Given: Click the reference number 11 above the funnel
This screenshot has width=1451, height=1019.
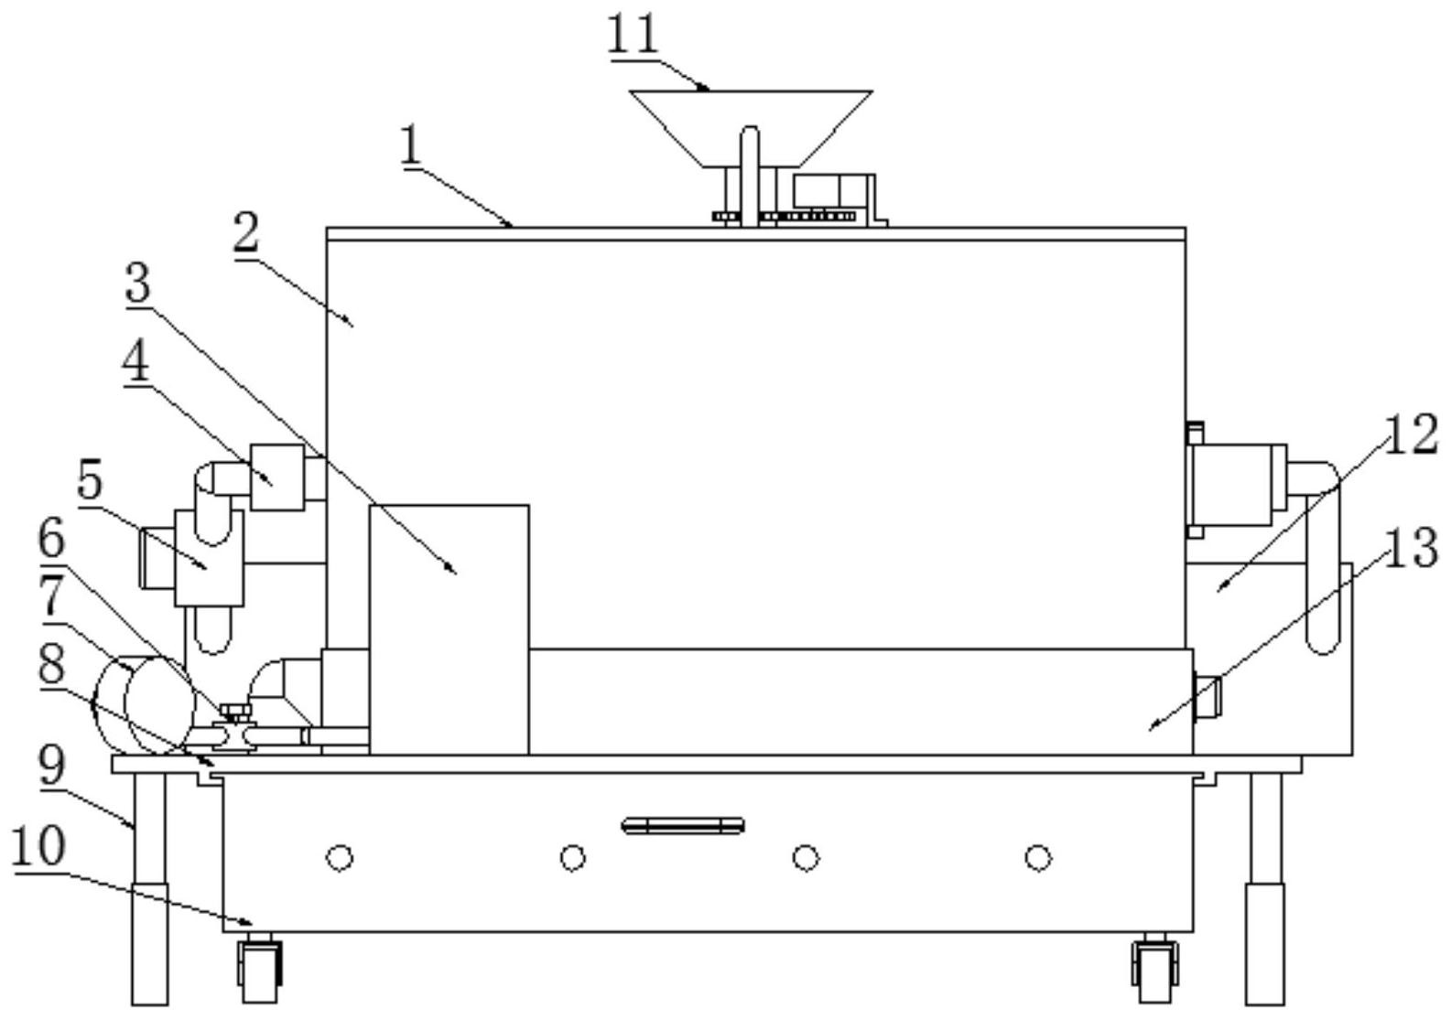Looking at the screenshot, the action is [633, 36].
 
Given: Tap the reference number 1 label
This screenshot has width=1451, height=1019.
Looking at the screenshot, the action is [412, 146].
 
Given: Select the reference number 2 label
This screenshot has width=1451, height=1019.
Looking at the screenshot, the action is [245, 234].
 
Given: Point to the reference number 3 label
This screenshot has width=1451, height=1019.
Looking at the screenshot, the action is [138, 284].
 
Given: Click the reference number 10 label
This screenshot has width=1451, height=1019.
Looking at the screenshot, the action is [38, 848].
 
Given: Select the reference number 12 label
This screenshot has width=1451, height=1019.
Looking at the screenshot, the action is [1410, 436].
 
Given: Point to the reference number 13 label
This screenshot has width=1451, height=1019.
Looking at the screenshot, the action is [1410, 550].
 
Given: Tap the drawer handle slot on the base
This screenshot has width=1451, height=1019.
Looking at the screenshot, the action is [683, 826].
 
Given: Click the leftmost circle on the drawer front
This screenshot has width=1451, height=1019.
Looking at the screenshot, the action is [339, 858].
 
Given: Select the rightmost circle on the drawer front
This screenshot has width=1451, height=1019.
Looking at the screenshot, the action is [1037, 858].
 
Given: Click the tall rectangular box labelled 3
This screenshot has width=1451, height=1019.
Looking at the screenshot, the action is [449, 629].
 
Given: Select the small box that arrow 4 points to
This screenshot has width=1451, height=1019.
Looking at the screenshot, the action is [276, 477].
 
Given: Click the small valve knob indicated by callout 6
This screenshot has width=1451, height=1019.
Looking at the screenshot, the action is [236, 713].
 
